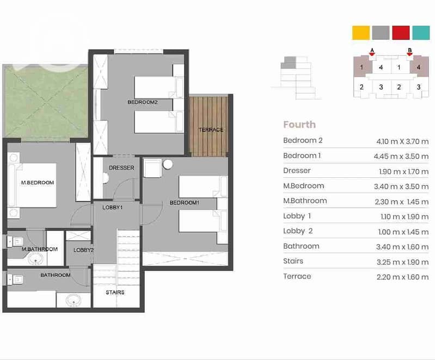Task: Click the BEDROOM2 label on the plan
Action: (x=143, y=102)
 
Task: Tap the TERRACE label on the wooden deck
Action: (x=211, y=129)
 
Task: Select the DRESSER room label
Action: (x=121, y=167)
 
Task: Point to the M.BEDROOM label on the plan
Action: (x=38, y=183)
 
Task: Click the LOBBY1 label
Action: (x=112, y=207)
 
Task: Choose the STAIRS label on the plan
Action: (x=115, y=293)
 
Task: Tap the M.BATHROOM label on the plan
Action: (x=40, y=249)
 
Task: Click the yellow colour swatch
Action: (x=361, y=33)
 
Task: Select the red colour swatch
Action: (x=401, y=33)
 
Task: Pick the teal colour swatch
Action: (x=421, y=33)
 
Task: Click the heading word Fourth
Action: (x=299, y=125)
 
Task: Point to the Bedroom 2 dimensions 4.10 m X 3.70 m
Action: (x=402, y=141)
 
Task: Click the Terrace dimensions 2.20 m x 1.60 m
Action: (x=402, y=277)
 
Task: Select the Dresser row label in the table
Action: (x=297, y=170)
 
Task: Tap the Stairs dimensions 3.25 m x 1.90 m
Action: (x=402, y=262)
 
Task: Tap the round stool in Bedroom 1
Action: (x=168, y=164)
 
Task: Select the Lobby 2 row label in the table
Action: (x=298, y=231)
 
